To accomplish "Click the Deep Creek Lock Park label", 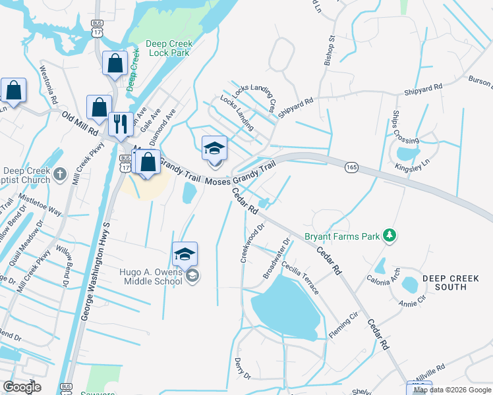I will pyautogui.click(x=169, y=49).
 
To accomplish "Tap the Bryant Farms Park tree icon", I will pyautogui.click(x=390, y=235).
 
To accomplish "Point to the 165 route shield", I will pyautogui.click(x=351, y=168).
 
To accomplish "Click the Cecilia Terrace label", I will pyautogui.click(x=301, y=278).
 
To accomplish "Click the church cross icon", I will pyautogui.click(x=60, y=174).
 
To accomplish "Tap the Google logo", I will pyautogui.click(x=22, y=387).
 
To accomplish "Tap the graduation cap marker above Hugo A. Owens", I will pyautogui.click(x=185, y=253).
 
